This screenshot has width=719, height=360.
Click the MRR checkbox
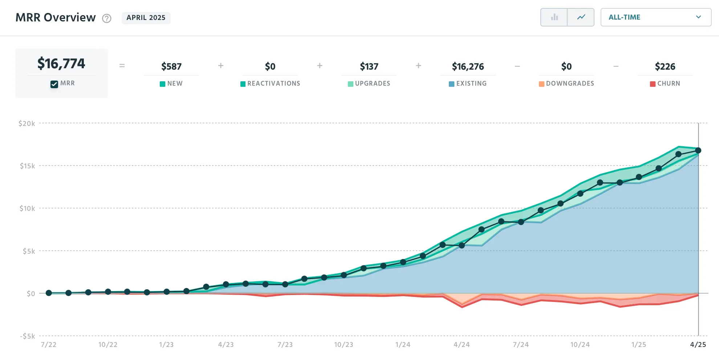point(54,84)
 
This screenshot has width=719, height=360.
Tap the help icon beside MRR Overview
point(106,18)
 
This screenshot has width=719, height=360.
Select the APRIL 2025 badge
point(146,18)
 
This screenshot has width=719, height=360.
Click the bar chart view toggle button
point(554,17)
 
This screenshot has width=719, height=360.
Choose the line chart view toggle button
point(581,17)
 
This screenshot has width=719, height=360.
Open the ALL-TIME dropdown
point(656,17)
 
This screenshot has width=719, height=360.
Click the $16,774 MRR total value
point(61,64)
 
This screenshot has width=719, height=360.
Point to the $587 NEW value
point(171,66)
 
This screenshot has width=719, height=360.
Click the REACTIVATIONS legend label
point(274,83)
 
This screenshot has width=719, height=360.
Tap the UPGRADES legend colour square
point(350,84)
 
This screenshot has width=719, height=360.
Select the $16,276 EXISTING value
point(468,66)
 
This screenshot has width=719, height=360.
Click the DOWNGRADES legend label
point(570,83)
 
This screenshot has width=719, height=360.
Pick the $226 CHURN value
point(665,66)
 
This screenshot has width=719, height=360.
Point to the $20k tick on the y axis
point(27,124)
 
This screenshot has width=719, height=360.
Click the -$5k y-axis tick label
point(28,336)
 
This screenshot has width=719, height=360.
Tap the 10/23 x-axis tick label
point(344,345)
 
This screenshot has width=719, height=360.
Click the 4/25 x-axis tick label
point(698,345)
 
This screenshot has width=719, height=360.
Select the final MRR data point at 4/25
point(698,150)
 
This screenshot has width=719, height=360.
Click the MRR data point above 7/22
point(49,293)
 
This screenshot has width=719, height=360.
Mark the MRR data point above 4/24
point(462,245)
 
